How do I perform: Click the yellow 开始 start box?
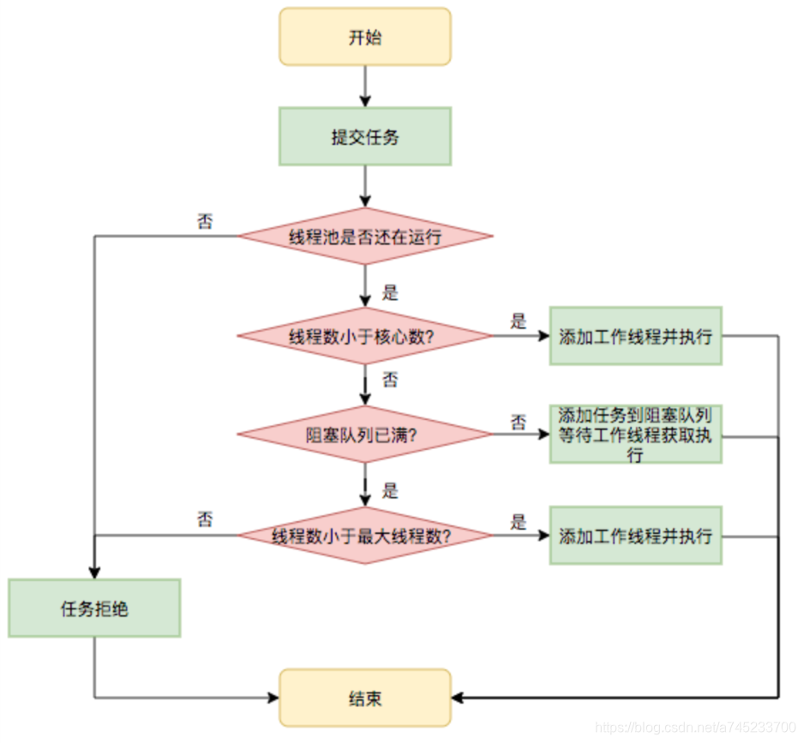pos(364,37)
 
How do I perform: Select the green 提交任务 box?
pos(364,136)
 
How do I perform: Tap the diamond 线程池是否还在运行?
pos(364,237)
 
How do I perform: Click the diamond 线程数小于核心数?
pos(364,336)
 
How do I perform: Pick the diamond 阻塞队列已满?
pos(364,434)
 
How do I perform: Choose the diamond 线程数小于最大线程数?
pos(364,536)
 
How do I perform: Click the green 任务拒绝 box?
pos(94,608)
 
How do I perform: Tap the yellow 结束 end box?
pos(364,698)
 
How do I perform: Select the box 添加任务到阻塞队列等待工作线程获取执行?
pos(635,434)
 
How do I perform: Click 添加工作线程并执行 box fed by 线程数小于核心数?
pos(635,336)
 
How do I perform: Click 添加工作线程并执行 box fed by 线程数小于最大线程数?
pos(635,536)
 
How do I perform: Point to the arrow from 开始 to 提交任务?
pos(365,86)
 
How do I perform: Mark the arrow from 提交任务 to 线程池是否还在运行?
pos(365,186)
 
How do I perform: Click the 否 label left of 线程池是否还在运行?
pos(205,221)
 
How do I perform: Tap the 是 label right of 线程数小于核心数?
pos(518,321)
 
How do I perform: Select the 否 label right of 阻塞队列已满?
pos(519,421)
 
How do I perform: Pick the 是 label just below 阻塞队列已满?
pos(390,491)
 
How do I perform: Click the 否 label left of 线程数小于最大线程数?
pos(205,519)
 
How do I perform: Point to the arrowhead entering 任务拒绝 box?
pos(94,572)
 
